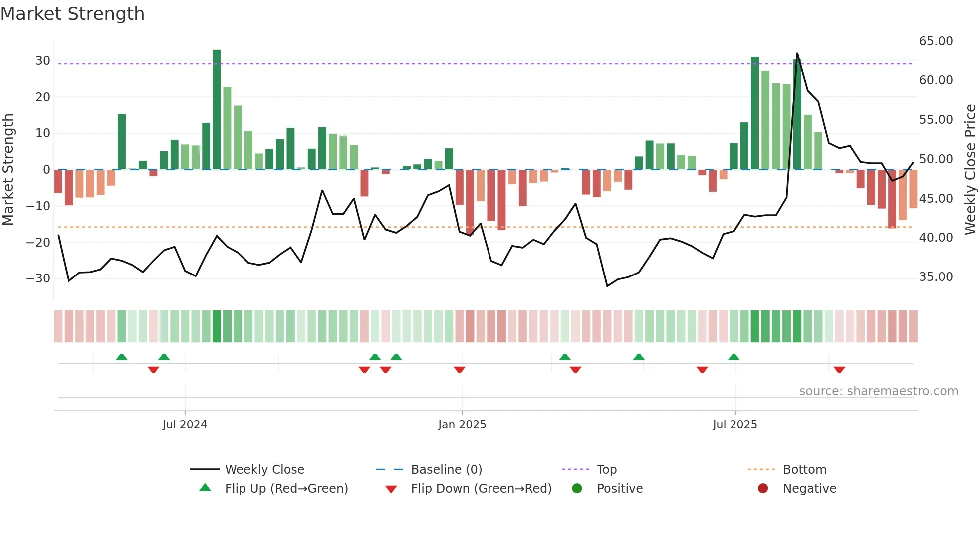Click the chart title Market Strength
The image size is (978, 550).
[72, 14]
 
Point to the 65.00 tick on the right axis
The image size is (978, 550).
[936, 41]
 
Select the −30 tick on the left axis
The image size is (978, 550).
[38, 278]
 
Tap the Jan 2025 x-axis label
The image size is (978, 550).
[462, 425]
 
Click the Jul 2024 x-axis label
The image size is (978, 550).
[185, 425]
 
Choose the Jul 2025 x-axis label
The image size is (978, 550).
[734, 425]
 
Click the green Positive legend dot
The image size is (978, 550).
[577, 489]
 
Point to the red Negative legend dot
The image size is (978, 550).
[763, 489]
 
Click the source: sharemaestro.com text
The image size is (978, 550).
[878, 391]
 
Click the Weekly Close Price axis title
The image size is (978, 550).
[970, 170]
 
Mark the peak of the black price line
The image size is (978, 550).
[797, 53]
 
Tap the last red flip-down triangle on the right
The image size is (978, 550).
[839, 370]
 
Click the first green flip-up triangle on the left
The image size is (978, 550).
[122, 357]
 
